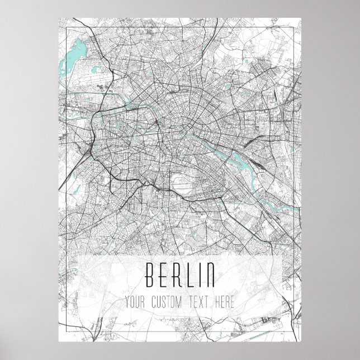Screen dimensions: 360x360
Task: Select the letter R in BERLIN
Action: point(178,274)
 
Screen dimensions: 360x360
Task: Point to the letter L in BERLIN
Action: point(191,274)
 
